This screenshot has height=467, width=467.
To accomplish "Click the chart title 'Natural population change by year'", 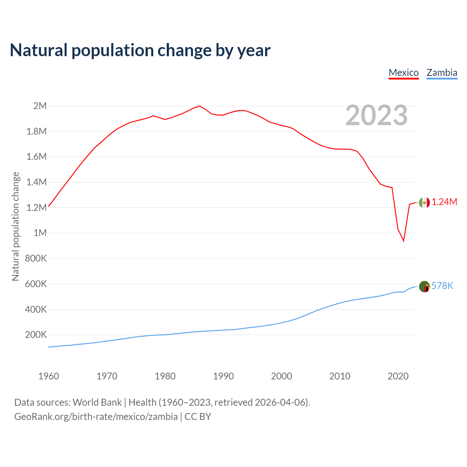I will (140, 50).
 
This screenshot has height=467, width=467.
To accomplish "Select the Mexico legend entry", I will (404, 73).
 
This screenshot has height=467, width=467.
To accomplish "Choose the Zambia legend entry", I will (442, 73).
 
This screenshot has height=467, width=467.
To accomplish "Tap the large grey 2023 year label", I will (376, 115).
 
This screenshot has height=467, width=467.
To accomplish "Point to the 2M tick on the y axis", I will (40, 106).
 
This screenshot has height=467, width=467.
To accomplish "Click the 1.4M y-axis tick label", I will (36, 182).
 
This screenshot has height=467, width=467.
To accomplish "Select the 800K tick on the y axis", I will (36, 259).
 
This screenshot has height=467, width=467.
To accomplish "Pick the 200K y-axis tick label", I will (36, 335).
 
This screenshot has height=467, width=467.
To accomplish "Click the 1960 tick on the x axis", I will (49, 376).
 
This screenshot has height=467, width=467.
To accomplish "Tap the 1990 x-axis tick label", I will (223, 376).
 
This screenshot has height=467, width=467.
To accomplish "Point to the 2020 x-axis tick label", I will (398, 376).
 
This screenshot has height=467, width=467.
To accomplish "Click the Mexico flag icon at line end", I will (424, 202).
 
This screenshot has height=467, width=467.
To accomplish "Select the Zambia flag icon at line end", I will (424, 287).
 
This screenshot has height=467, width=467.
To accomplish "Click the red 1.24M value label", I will (444, 202).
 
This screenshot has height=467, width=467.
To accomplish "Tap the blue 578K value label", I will (442, 286).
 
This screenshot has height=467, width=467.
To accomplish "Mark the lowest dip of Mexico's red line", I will (404, 241).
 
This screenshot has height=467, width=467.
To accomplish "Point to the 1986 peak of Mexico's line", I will (200, 106).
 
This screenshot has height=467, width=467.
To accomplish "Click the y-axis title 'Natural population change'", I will (15, 227).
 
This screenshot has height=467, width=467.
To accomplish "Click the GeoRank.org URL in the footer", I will (96, 417).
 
